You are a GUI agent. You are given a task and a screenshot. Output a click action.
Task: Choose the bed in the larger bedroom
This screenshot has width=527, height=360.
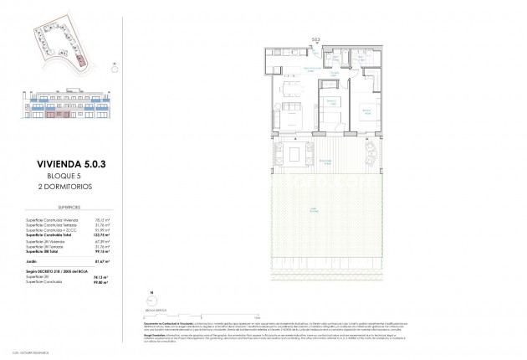tap(369, 111)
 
